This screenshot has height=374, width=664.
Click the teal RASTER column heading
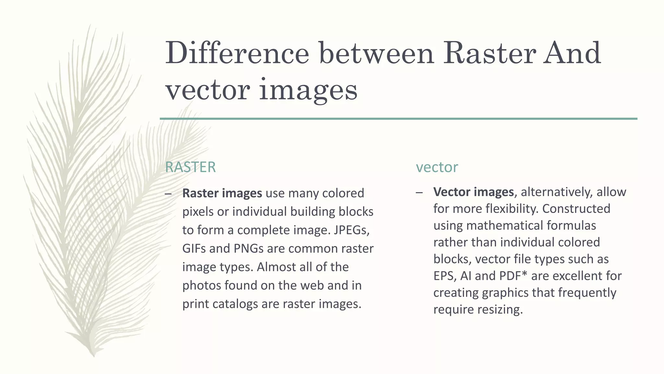190,167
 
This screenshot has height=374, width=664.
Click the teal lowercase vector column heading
437,167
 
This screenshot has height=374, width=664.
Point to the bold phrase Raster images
222,193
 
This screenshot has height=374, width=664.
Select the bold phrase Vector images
473,192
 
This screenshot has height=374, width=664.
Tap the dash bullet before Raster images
168,194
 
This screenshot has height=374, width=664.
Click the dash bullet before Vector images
419,193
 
